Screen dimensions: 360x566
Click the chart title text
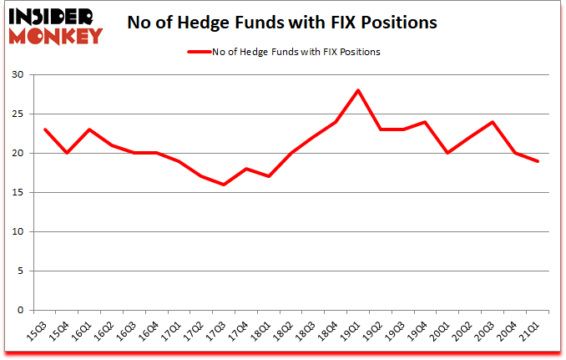click(282, 23)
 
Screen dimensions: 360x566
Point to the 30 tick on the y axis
click(17, 75)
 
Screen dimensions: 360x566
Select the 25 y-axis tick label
click(17, 114)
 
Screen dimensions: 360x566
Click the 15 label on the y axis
click(17, 193)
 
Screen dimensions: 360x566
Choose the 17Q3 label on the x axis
click(218, 332)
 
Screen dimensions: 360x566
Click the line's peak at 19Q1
click(358, 90)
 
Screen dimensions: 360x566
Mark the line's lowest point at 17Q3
click(224, 185)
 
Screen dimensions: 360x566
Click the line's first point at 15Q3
click(45, 129)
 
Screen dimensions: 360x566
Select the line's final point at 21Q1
click(538, 161)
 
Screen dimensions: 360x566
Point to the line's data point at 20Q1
click(448, 153)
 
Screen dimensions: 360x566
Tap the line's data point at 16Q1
click(89, 129)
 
